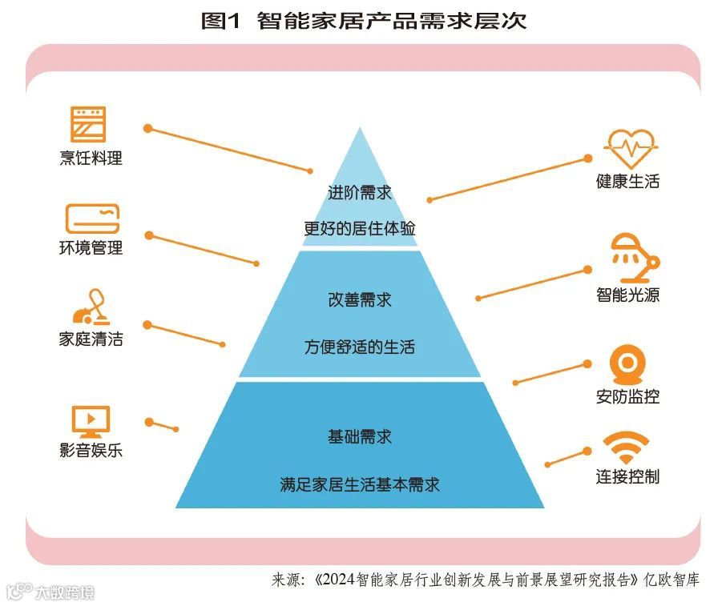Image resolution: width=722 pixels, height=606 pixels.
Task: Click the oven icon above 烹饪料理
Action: [x=88, y=125]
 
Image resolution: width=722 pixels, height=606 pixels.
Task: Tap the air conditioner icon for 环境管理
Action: [x=92, y=219]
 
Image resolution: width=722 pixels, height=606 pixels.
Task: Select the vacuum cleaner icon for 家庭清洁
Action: [x=91, y=307]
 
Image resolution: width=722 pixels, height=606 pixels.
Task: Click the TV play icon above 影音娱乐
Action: [x=91, y=420]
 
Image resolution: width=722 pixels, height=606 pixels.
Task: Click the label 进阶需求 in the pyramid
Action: [x=360, y=193]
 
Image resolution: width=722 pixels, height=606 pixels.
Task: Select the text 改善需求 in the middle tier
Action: [x=360, y=300]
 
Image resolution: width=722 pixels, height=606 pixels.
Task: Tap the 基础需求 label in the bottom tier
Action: [x=360, y=437]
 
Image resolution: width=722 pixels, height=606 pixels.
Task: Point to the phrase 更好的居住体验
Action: [x=360, y=228]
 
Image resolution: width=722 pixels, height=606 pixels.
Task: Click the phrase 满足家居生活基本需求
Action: [x=360, y=484]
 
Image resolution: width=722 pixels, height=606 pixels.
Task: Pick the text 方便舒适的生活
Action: [x=360, y=347]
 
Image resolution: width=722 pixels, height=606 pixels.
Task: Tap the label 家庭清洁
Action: [x=91, y=339]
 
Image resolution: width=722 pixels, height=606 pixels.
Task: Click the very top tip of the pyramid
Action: [x=360, y=128]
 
